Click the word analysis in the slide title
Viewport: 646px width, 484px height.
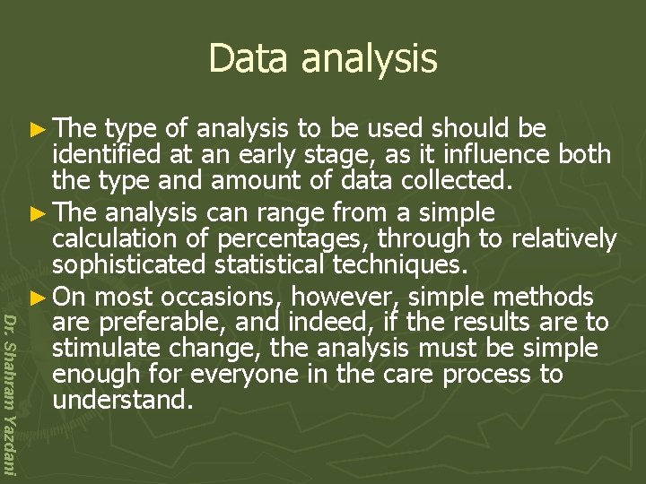tap(370, 60)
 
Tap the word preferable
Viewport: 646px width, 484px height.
tap(173, 323)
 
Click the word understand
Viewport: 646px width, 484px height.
tap(123, 401)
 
